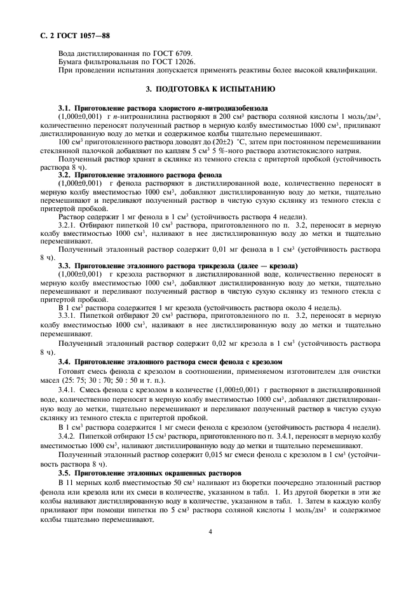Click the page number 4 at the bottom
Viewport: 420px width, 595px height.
click(x=210, y=532)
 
